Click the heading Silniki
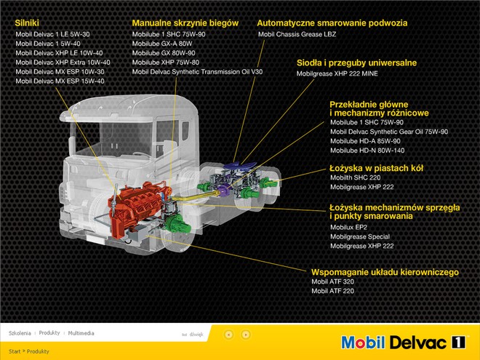tap(27, 23)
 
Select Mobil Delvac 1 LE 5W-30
tap(52, 34)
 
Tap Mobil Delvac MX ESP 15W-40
tap(60, 81)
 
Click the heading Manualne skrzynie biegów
tap(185, 23)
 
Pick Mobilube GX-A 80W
tap(162, 44)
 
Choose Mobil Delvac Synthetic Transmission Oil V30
tap(197, 72)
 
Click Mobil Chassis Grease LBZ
tap(297, 34)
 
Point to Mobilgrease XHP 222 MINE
tap(337, 73)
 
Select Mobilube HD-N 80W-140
tap(367, 151)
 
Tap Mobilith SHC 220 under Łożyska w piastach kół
tap(356, 177)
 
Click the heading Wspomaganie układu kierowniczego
tap(385, 272)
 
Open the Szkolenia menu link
tap(20, 333)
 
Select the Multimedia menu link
tap(81, 333)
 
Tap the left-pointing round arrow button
tap(229, 335)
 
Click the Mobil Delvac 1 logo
tap(404, 343)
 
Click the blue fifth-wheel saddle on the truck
tap(240, 166)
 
